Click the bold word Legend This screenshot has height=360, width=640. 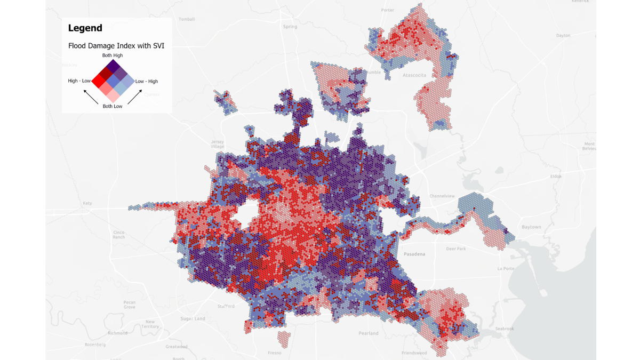coord(85,28)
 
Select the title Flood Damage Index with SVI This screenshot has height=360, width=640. coord(116,46)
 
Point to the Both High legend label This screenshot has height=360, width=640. coord(113,55)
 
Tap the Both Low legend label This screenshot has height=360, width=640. coord(113,106)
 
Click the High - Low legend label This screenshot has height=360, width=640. coord(79,81)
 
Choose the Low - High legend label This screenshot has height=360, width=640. coord(146,81)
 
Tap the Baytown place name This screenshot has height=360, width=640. coord(531,227)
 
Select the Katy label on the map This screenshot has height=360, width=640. coord(87,203)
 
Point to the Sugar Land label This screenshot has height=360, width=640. coord(193,319)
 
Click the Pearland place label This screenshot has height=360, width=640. coord(369,333)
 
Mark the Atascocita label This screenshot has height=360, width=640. coord(414,75)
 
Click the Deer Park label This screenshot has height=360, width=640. coord(456,249)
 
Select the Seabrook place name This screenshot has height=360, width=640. coord(503,329)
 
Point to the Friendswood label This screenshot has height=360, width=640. coord(414,353)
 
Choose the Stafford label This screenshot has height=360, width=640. coord(226,306)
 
